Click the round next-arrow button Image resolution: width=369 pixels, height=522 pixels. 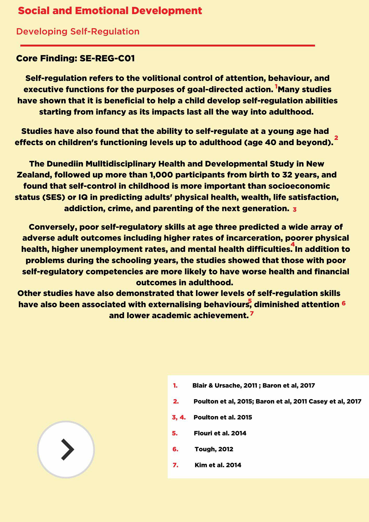coord(66,449)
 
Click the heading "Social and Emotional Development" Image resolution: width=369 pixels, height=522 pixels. coord(110,11)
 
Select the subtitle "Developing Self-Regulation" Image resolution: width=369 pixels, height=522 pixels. coord(78,32)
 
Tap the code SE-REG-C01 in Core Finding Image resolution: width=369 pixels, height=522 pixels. coord(107,58)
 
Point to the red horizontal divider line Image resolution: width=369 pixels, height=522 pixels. coord(168,45)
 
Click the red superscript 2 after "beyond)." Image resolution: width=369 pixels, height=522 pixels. coord(336,138)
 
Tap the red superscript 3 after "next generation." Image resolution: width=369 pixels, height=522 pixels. coord(295,209)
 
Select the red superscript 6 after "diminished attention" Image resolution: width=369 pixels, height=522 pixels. coord(343,303)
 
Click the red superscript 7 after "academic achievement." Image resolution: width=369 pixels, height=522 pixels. coord(252,313)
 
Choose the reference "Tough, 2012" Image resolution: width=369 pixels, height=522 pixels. coord(214,449)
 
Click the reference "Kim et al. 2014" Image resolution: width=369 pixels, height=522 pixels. coord(218,465)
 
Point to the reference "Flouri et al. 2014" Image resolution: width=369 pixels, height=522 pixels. coord(220,433)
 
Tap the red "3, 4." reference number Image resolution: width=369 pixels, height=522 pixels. coord(179,417)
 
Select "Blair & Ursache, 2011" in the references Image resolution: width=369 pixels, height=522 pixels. coord(224,385)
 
